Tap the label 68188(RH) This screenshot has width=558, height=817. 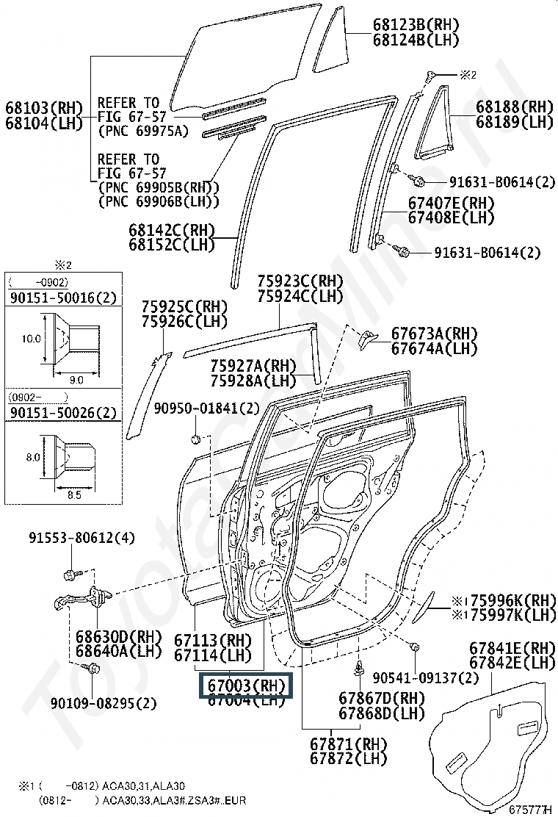[514, 107]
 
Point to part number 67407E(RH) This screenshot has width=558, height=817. [451, 203]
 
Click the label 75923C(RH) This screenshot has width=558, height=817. [300, 281]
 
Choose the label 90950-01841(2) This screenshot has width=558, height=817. [207, 408]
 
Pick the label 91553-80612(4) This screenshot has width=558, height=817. [82, 538]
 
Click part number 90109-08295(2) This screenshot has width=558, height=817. [104, 703]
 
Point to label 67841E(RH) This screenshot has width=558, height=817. [512, 648]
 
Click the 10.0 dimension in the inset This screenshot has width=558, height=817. [31, 339]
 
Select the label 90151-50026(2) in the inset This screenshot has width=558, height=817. [62, 413]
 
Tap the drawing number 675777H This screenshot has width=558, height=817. [530, 809]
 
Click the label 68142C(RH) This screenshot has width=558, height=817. [172, 229]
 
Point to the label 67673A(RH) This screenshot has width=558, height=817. [434, 333]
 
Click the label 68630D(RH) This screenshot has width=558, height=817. [117, 636]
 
